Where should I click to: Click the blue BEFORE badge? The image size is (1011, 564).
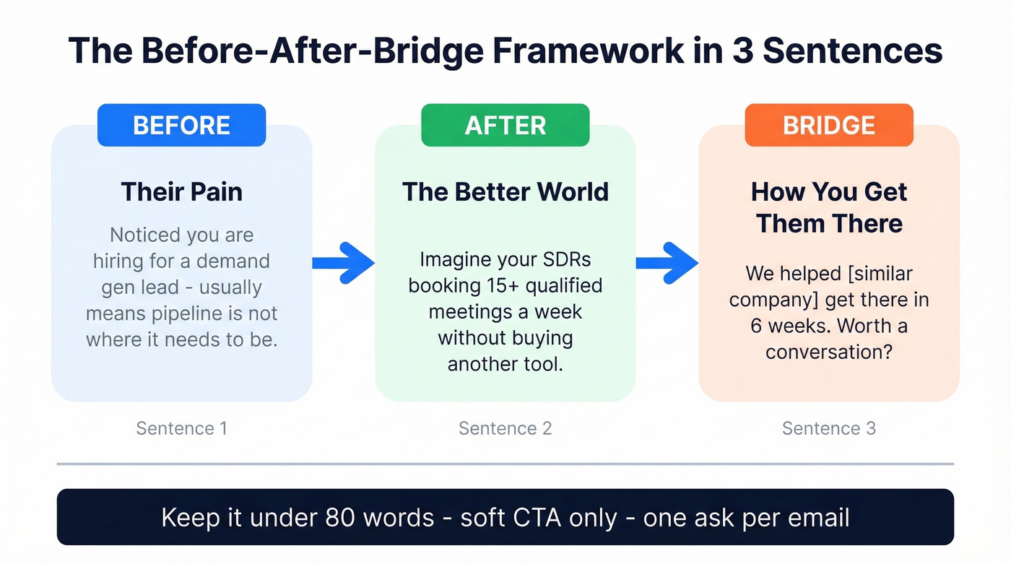tap(181, 126)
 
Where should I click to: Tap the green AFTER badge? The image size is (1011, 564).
tap(505, 126)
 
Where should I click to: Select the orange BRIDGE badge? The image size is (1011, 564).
tap(828, 126)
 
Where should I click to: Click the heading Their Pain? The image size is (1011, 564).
tap(181, 191)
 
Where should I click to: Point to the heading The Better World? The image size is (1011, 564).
tap(505, 191)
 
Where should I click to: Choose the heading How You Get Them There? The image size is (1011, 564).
tap(829, 207)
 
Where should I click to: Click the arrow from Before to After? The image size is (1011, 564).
tap(343, 263)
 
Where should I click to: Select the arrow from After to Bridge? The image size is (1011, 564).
tap(667, 263)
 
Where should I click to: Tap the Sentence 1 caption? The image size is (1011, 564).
tap(181, 428)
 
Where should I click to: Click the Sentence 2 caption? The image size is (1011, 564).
tap(505, 428)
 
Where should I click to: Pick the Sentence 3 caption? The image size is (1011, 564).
tap(828, 428)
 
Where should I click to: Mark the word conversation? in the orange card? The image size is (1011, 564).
tap(828, 352)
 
